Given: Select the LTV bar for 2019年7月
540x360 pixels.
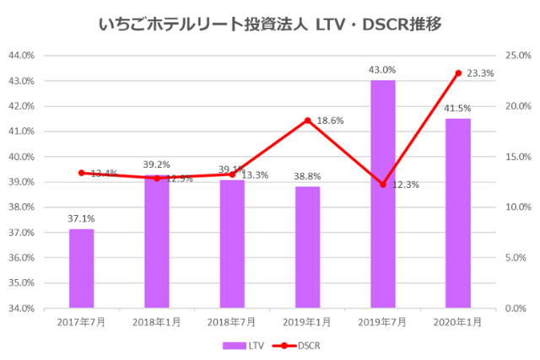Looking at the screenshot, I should pyautogui.click(x=383, y=194).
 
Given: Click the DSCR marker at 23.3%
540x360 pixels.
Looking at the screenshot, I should pyautogui.click(x=458, y=73).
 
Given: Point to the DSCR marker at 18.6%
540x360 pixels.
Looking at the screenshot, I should pyautogui.click(x=308, y=121).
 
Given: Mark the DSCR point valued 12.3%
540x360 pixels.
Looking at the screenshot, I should pyautogui.click(x=383, y=184).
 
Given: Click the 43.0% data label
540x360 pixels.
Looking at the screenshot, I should pyautogui.click(x=383, y=70).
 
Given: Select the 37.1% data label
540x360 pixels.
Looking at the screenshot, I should pyautogui.click(x=81, y=219).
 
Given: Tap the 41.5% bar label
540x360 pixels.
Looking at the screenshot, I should pyautogui.click(x=458, y=108).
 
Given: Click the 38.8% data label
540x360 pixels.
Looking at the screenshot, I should pyautogui.click(x=308, y=176).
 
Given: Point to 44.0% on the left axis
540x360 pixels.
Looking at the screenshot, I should pyautogui.click(x=21, y=56).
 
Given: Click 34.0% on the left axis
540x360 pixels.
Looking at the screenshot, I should pyautogui.click(x=21, y=309).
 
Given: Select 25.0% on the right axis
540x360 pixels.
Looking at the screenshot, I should pyautogui.click(x=516, y=56).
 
